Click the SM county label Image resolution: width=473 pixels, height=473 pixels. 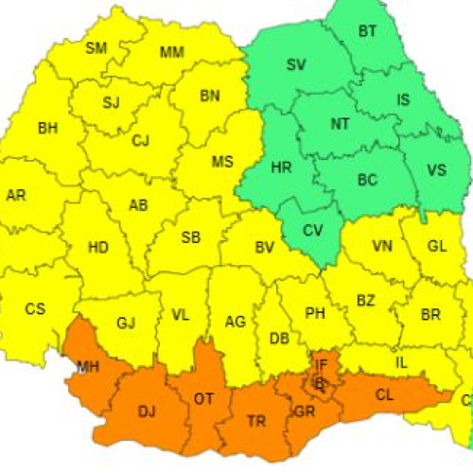point(96,48)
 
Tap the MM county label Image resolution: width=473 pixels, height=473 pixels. point(172,52)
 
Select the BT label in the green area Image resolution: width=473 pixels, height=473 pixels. point(367,31)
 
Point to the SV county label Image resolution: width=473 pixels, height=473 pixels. point(296,65)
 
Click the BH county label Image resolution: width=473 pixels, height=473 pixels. point(47,128)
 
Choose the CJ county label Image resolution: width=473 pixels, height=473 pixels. point(141,141)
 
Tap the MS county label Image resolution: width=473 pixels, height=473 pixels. point(222,162)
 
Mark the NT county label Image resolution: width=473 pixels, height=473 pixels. point(341,124)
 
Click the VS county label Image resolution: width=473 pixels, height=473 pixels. point(436,170)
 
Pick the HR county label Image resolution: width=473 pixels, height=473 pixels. point(281,167)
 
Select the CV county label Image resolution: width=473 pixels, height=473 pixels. point(312,229)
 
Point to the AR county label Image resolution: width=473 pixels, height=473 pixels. point(16,196)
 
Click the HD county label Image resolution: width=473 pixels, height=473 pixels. point(97,248)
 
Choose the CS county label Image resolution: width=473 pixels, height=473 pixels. point(35,308)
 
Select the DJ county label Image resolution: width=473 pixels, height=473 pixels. point(147,411)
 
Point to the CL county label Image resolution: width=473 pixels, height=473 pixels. point(384,396)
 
